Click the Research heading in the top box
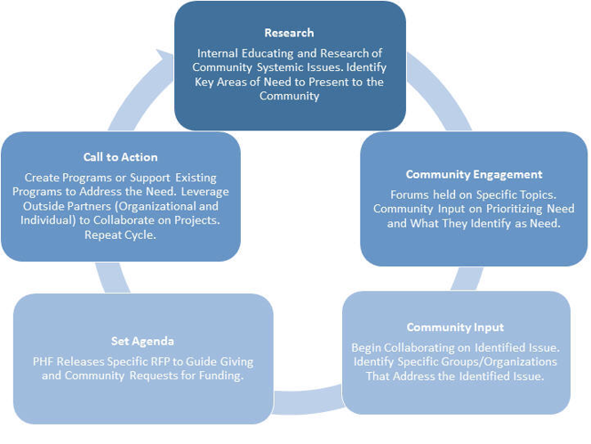pyautogui.click(x=289, y=34)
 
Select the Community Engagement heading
pyautogui.click(x=474, y=174)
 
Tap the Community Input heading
pyautogui.click(x=456, y=328)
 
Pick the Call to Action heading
pyautogui.click(x=120, y=157)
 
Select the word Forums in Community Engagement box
pyautogui.click(x=410, y=194)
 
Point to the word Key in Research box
pyautogui.click(x=205, y=82)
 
